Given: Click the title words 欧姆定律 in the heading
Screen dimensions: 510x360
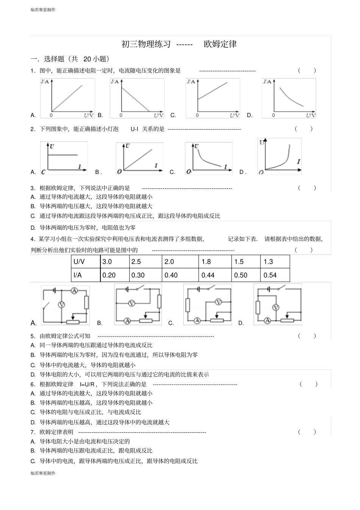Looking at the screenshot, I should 220,44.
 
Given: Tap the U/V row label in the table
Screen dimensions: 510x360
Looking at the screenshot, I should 79,262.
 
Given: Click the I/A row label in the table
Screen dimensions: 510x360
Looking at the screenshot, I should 78,275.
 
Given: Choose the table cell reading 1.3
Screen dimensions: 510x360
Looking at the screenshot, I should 268,262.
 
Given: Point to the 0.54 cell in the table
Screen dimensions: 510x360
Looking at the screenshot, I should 270,275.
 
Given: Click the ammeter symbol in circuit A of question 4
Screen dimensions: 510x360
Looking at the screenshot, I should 74,291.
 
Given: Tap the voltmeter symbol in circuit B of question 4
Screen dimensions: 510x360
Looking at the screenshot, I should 131,303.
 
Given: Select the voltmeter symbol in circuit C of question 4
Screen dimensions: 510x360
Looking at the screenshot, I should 218,302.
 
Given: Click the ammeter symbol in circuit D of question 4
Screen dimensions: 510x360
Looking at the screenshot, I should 267,321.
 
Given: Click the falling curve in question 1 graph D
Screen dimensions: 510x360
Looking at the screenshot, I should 291,99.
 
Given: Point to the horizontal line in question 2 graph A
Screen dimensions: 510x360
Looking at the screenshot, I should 63,155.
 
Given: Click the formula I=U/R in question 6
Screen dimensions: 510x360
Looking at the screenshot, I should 87,384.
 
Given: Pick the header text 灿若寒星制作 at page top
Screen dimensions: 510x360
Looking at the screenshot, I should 43,10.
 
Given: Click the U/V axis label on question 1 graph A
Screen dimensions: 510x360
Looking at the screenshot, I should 89,115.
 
